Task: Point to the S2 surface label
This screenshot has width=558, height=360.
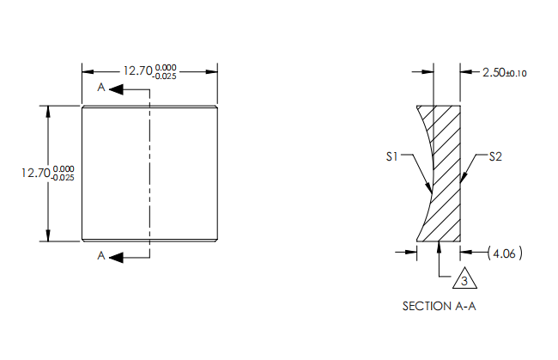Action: point(496,157)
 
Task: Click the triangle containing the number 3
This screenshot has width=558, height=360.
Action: point(464,281)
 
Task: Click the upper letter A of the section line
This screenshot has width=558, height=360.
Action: point(102,88)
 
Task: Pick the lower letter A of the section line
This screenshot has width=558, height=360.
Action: point(102,256)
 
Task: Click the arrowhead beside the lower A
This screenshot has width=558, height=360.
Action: point(118,256)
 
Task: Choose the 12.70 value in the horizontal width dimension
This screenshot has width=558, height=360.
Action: point(136,71)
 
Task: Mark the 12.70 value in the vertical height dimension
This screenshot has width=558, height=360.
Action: point(35,173)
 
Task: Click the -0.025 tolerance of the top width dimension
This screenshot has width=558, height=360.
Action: point(164,76)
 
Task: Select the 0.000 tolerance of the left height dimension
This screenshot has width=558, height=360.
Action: point(63,168)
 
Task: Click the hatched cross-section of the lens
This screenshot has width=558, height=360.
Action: point(444,172)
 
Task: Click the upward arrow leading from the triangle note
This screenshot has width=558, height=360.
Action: point(439,248)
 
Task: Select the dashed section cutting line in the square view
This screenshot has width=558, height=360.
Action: point(149,172)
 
